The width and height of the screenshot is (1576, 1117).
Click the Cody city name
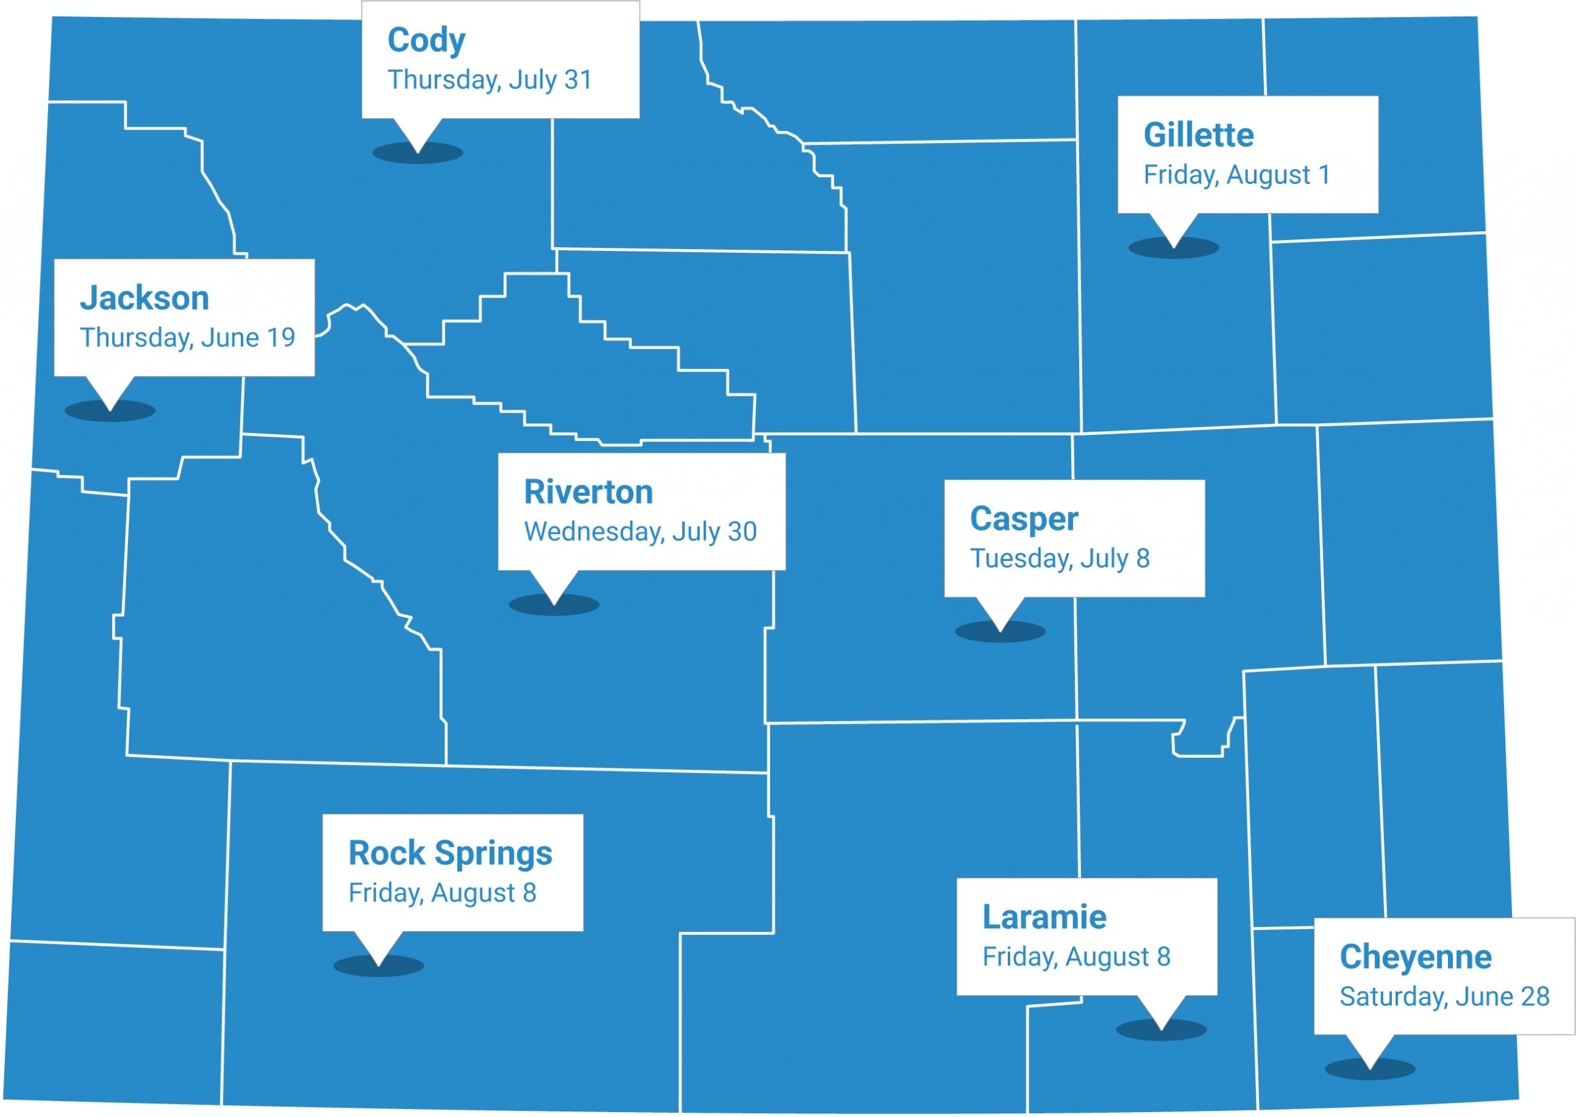coord(426,40)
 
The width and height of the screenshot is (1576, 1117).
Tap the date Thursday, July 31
coord(489,80)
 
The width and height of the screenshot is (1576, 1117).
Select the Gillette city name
coord(1198,135)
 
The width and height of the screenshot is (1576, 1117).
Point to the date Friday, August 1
coord(1237,175)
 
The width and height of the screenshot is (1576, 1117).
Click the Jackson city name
coord(145,298)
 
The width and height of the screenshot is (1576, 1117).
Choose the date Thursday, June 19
coord(187,338)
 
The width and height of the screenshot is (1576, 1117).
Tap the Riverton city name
coord(589,492)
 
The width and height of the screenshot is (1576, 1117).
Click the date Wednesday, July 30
coord(640,531)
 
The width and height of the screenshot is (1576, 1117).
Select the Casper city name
coord(1023,519)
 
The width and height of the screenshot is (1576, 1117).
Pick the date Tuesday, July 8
coord(1059,558)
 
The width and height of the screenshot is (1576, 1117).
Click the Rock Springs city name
coord(450,853)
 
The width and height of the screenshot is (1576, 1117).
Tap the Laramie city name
coord(1044,917)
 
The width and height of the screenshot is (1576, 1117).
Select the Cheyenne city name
coord(1416,956)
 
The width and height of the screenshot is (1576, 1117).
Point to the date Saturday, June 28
coord(1444,996)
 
